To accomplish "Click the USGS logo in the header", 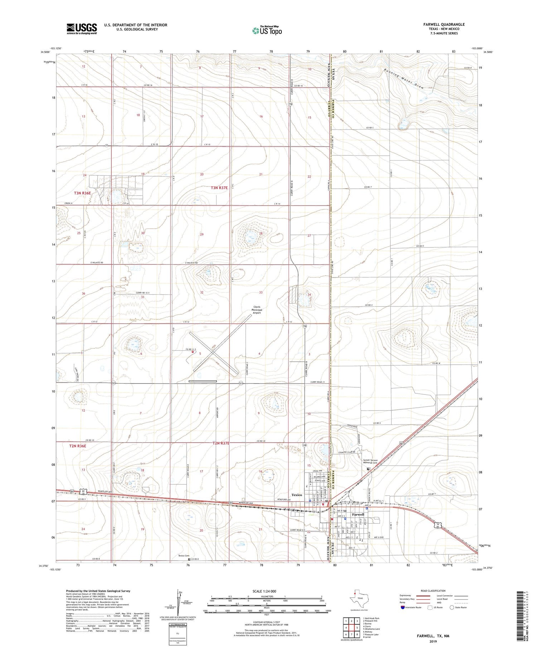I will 82,29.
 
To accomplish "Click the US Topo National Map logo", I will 267,31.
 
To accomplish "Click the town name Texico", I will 297,495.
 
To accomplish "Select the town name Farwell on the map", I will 358,514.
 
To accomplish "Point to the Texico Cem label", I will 184,556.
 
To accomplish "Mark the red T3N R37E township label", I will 219,188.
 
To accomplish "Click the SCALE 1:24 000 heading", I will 266,591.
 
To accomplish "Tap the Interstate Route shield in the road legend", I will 402,607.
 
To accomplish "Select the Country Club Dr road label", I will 349,453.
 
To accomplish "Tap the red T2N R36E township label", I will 78,446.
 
